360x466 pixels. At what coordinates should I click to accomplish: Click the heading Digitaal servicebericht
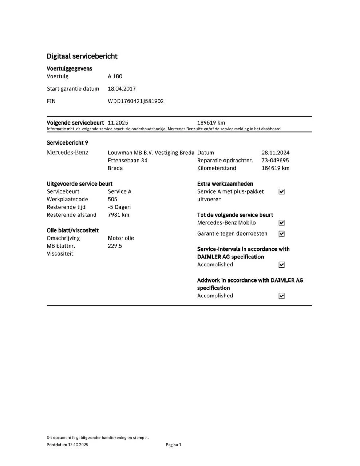[82, 56]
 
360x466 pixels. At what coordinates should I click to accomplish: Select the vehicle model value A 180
[115, 76]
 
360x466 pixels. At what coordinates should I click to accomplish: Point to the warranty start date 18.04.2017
[122, 89]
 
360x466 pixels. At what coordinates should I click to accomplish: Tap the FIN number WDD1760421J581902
[136, 101]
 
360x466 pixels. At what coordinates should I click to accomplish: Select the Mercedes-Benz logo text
[67, 153]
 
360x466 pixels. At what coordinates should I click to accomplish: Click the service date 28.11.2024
[276, 153]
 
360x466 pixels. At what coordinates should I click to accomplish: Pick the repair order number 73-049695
[275, 161]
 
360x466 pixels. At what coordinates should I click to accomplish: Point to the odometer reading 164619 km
[275, 168]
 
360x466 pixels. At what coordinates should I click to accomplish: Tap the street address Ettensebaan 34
[127, 161]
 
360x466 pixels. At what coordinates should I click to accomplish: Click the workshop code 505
[112, 200]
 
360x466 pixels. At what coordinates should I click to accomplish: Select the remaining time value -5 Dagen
[119, 207]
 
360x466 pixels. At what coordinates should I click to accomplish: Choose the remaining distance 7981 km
[118, 215]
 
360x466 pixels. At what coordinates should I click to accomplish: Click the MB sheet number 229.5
[115, 246]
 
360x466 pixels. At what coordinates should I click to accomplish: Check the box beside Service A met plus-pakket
[281, 192]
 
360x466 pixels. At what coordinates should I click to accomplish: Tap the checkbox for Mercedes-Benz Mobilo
[281, 223]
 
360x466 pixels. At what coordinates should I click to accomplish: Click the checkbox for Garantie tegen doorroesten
[281, 234]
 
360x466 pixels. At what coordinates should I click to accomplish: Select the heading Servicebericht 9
[67, 143]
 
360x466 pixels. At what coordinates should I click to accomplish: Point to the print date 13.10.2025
[78, 445]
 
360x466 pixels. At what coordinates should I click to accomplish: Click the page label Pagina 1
[173, 445]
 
